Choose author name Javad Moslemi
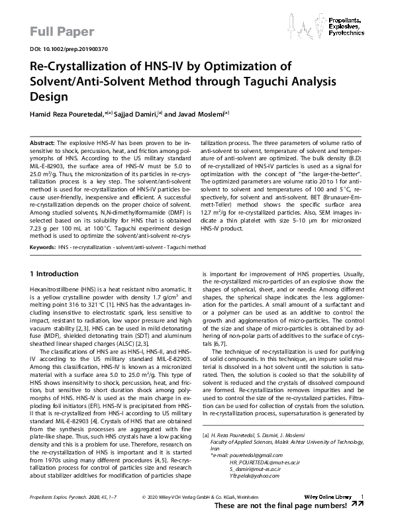pyautogui.click(x=201, y=114)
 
